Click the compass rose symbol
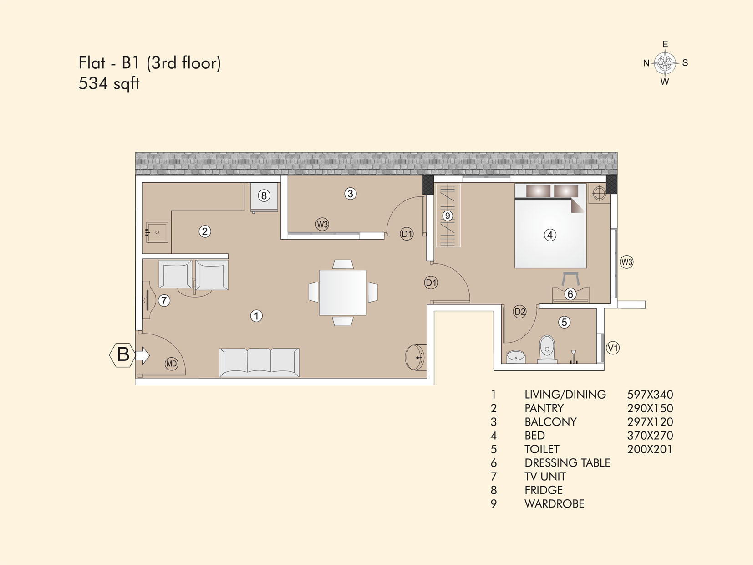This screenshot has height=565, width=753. (665, 63)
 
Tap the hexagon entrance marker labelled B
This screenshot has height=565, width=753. (122, 355)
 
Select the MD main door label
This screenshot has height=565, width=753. (172, 364)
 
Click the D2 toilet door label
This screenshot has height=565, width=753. (520, 312)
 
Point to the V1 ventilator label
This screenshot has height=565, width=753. (613, 348)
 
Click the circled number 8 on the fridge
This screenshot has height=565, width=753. (264, 195)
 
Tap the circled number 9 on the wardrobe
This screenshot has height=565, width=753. (447, 216)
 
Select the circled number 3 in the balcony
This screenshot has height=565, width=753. (350, 194)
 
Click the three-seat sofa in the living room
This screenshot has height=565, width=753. (259, 363)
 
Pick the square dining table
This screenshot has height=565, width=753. (343, 293)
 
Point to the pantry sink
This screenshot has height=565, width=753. (157, 232)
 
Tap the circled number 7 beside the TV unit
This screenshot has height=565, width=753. (164, 301)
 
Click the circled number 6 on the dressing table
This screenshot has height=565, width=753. (570, 294)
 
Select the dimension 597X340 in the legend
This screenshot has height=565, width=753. (650, 395)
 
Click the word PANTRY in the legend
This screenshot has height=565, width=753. (544, 408)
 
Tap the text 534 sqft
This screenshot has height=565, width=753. (109, 84)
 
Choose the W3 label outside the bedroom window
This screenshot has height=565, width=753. (626, 262)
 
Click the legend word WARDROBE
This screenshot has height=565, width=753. (555, 503)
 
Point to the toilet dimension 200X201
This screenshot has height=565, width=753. (650, 449)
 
